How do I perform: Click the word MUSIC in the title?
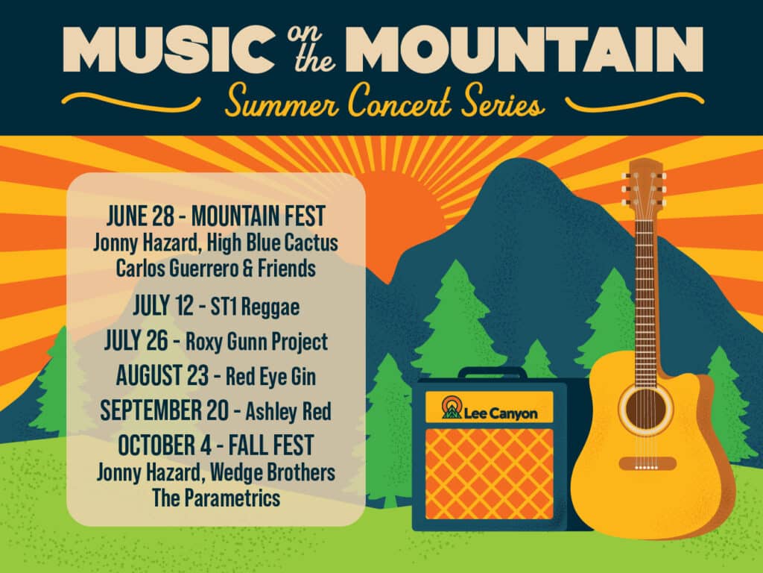tap(168, 50)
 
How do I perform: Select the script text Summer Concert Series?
tap(384, 101)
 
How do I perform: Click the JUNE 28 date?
tap(140, 216)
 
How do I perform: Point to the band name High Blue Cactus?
tap(273, 242)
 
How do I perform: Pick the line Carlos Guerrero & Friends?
tap(215, 268)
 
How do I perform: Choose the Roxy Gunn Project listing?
tap(256, 342)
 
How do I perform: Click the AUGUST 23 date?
tap(162, 376)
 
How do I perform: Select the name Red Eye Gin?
tap(270, 377)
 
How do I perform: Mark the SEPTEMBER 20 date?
tap(164, 410)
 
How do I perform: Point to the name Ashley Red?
tap(288, 411)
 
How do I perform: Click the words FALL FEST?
tap(271, 445)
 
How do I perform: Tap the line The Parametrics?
tap(216, 498)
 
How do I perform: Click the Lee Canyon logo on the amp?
tap(490, 408)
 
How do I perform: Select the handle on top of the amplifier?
tap(492, 373)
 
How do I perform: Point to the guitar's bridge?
tap(647, 463)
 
